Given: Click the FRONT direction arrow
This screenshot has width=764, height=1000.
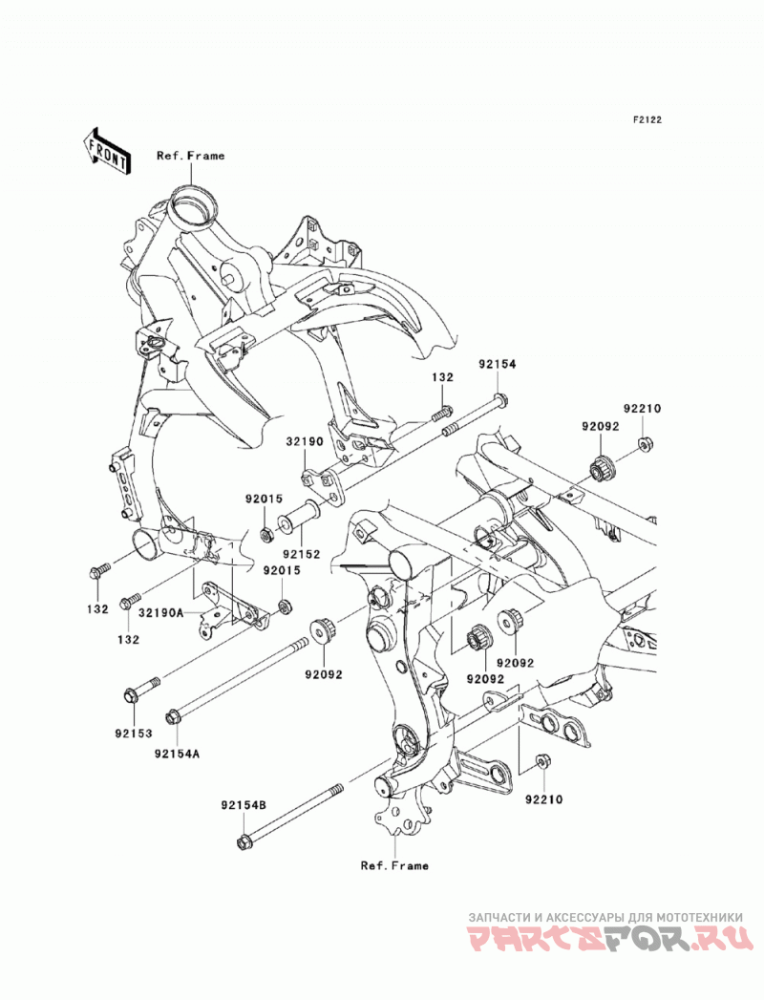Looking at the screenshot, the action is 107,151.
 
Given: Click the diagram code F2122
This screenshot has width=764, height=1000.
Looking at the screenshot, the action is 647,119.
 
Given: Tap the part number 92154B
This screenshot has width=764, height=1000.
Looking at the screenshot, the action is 244,805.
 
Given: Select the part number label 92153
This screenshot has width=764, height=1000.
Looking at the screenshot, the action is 134,734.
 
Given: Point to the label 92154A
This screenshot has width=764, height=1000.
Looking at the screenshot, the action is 177,754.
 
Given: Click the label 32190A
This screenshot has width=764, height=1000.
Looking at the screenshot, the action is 161,613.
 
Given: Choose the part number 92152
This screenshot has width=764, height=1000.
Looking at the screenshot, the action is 302,554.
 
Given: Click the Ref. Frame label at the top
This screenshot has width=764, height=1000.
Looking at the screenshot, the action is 191,155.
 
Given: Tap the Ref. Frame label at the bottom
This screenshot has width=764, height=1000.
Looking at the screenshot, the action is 394,865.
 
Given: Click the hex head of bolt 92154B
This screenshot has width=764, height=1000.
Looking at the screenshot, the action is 243,841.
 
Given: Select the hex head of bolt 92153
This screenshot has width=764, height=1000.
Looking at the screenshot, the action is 131,694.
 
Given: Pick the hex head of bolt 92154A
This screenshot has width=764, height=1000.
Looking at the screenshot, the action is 172,717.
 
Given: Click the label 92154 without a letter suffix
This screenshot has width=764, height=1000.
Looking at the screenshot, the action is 498,364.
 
